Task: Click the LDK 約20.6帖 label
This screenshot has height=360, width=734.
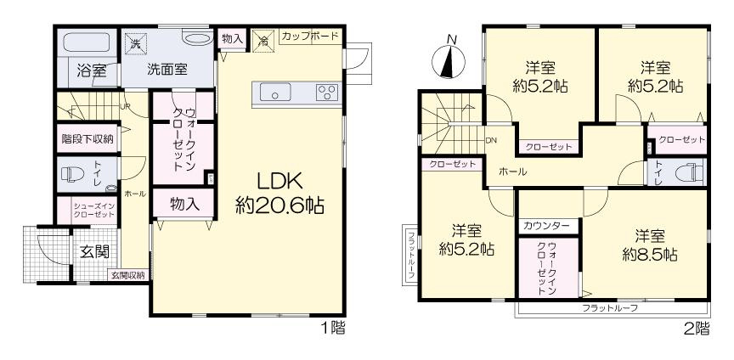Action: (x=279, y=193)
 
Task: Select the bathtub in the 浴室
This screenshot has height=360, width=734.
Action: (x=88, y=43)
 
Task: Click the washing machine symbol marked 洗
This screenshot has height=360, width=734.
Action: (x=135, y=43)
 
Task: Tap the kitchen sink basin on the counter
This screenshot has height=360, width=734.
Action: (x=275, y=92)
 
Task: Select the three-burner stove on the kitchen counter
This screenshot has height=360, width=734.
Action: (x=327, y=92)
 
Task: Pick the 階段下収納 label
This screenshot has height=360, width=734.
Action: (x=87, y=138)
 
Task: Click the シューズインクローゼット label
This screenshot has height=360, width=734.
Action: (x=93, y=211)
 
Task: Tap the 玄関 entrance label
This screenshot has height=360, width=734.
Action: (x=95, y=252)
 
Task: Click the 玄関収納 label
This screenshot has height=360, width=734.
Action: (x=127, y=275)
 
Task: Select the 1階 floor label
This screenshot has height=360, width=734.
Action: (x=333, y=329)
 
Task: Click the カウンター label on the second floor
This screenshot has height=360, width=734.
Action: (x=547, y=226)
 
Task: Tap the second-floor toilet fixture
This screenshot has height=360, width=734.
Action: (x=690, y=172)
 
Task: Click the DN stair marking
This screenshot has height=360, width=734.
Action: (x=491, y=140)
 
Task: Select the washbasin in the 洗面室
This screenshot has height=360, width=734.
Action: (x=196, y=38)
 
